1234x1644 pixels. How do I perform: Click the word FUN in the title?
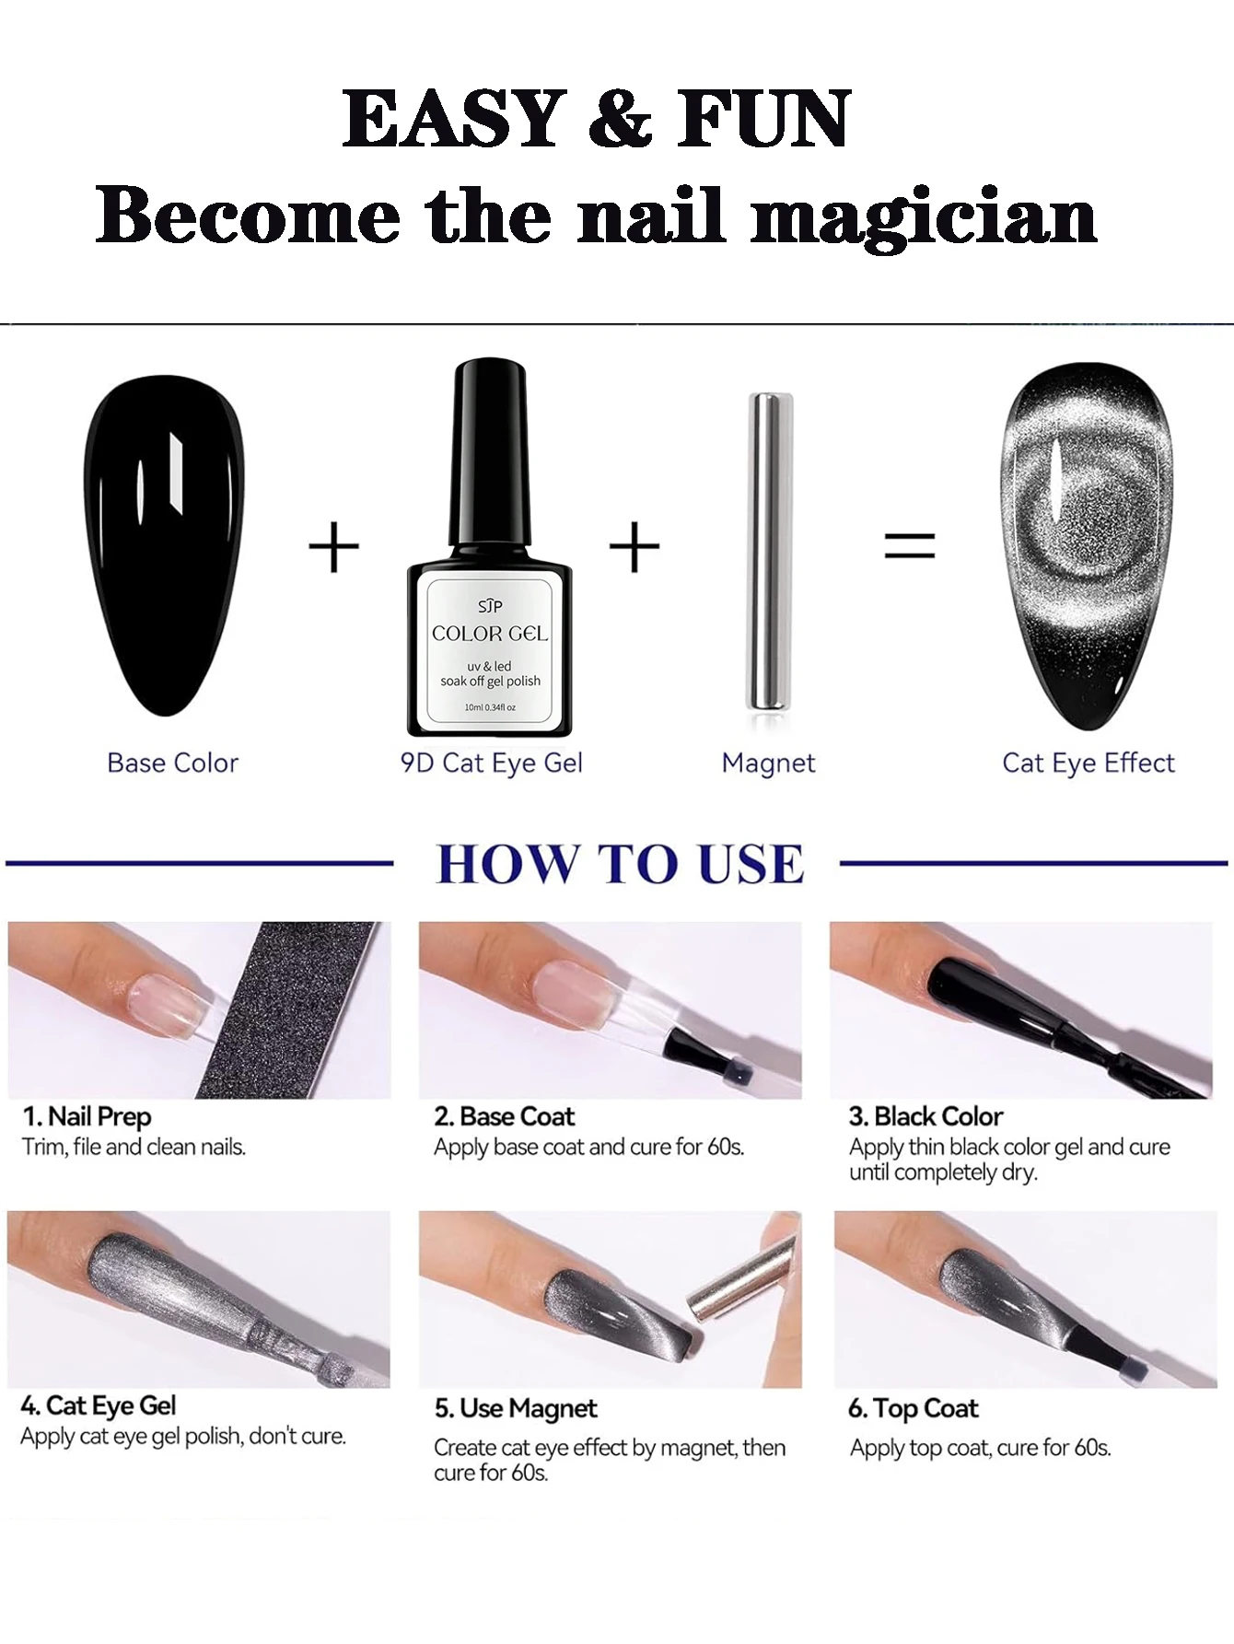tap(763, 119)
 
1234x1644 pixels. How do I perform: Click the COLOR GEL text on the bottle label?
tap(489, 634)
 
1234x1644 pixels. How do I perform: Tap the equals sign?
tap(909, 544)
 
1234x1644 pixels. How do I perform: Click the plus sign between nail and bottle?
tap(332, 547)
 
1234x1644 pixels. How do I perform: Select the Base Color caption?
tap(172, 763)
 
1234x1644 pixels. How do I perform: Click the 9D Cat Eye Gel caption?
tap(491, 763)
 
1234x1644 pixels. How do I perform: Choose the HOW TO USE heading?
tap(619, 864)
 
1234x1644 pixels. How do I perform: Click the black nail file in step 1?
tap(285, 1013)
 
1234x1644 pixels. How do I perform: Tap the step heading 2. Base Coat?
tap(504, 1116)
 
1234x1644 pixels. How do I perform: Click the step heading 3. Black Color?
tap(925, 1116)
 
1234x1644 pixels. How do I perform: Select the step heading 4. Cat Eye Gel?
tap(98, 1405)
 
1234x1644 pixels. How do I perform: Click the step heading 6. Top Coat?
tap(913, 1408)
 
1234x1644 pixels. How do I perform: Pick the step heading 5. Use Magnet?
tap(515, 1408)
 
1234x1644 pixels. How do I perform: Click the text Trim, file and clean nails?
tap(134, 1148)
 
